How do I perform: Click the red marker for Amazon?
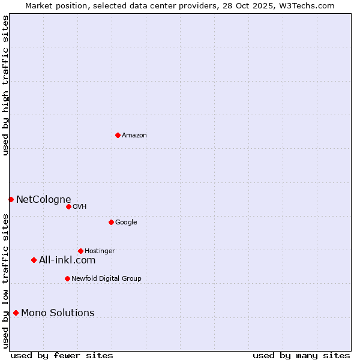click(x=118, y=135)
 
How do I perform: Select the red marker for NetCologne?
click(x=11, y=199)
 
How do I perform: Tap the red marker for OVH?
click(x=68, y=206)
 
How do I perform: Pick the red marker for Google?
click(x=111, y=222)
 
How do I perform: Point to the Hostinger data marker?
click(x=80, y=251)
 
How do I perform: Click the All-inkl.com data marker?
click(x=34, y=260)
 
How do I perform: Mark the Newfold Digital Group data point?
click(x=67, y=278)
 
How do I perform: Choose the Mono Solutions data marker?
click(x=16, y=313)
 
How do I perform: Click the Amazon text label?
click(x=134, y=136)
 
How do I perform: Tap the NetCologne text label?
click(x=44, y=199)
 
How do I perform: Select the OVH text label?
click(x=80, y=207)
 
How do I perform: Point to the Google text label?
click(x=126, y=223)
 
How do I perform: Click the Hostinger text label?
click(x=100, y=251)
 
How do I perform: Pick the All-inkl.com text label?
click(x=67, y=260)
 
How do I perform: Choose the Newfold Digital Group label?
click(x=106, y=278)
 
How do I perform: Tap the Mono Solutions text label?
click(x=58, y=313)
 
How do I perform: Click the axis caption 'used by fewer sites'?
click(x=62, y=355)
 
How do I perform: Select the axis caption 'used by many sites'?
click(x=301, y=355)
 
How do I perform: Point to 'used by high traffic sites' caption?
click(x=6, y=85)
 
